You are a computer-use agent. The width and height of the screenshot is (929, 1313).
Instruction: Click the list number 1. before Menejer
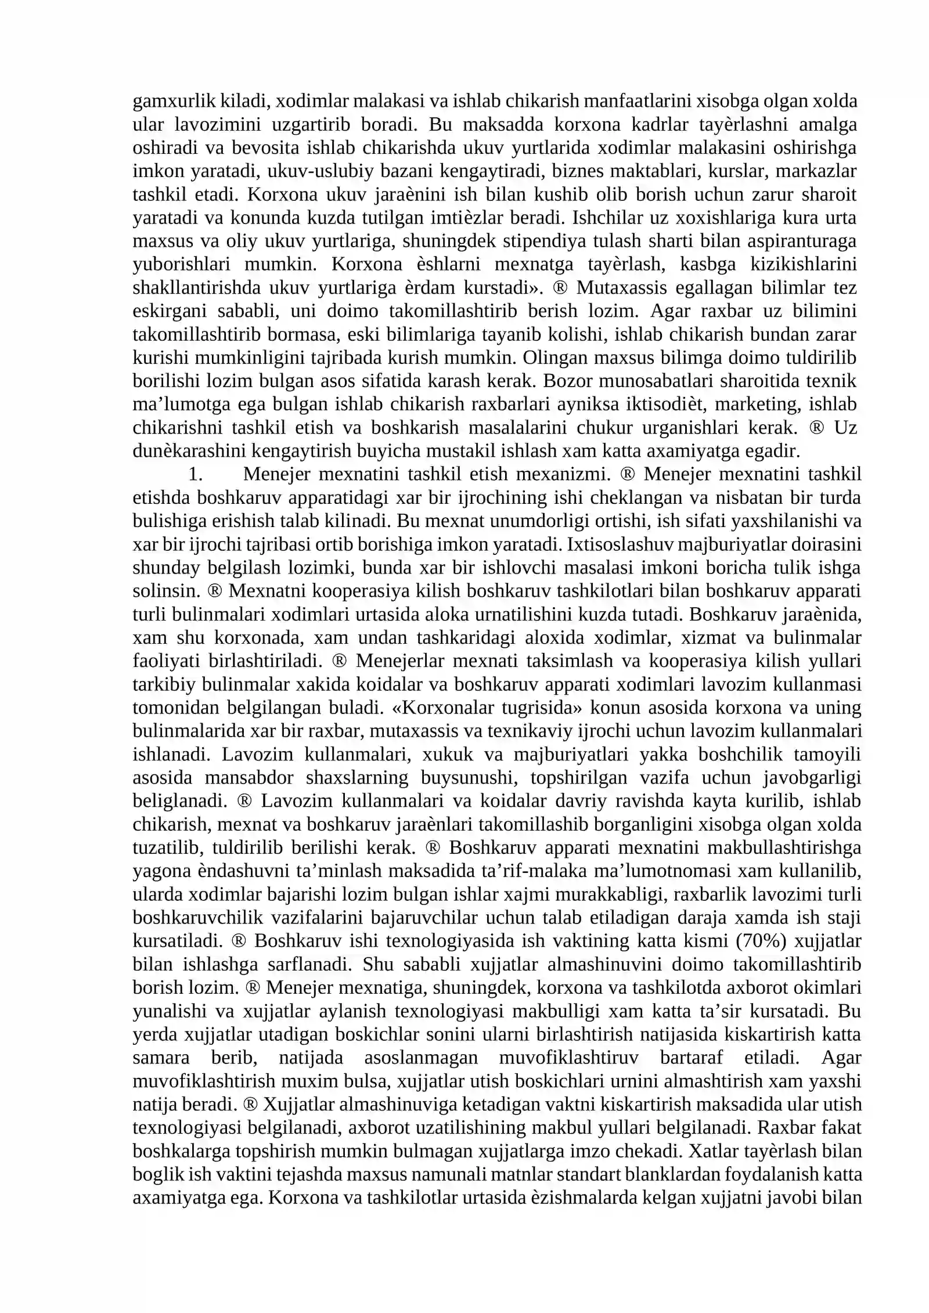[196, 474]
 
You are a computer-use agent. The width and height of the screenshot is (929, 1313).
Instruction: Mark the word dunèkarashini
[191, 451]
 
